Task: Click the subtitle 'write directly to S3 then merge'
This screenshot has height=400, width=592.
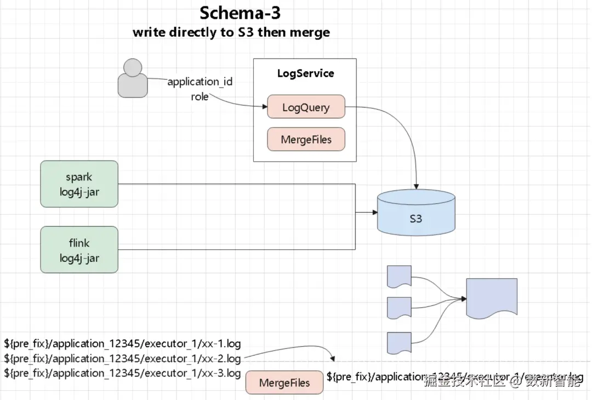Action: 231,32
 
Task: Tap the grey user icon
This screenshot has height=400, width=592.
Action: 133,78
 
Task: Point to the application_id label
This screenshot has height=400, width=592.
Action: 200,82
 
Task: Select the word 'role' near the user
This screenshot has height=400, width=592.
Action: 200,96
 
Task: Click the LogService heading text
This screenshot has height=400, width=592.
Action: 305,73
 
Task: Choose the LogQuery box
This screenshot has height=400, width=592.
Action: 306,107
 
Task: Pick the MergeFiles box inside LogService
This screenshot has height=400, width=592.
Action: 306,140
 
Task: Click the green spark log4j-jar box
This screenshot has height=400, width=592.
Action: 79,184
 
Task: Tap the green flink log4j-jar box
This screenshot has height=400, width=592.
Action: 79,250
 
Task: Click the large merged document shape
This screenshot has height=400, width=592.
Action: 492,298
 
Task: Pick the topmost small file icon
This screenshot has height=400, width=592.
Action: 400,276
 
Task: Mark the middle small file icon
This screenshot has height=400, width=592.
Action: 400,307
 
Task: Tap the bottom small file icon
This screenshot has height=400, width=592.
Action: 400,342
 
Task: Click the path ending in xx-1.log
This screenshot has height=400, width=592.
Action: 122,344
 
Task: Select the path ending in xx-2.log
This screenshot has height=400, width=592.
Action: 122,359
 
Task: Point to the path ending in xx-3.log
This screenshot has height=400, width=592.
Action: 122,373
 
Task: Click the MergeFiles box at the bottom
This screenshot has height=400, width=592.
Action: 284,383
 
